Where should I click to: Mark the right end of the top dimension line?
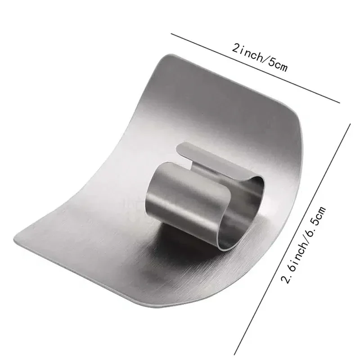(340, 102)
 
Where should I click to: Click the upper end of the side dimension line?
(351, 125)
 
